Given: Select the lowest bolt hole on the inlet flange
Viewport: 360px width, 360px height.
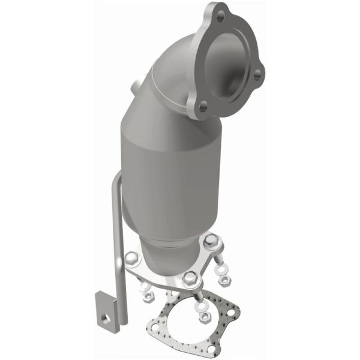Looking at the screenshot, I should coord(203,108).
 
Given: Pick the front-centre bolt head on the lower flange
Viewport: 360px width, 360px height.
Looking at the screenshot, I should coord(190,277).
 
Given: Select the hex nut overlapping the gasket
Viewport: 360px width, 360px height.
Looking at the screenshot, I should coord(205,316).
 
